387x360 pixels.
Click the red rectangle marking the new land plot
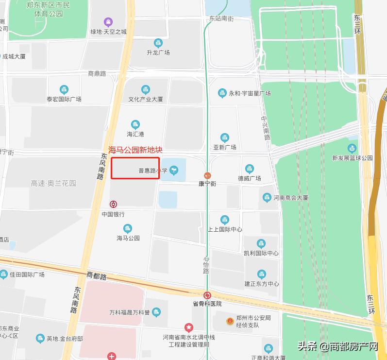point(135,168)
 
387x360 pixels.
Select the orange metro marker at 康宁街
point(207,175)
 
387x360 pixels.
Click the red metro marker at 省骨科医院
point(207,295)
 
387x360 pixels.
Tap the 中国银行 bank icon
point(113,205)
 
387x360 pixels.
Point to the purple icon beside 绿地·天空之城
point(108,22)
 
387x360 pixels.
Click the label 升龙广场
point(158,52)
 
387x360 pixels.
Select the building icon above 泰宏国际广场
point(64,89)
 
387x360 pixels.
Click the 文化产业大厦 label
point(145,99)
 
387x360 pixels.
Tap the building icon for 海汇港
point(135,125)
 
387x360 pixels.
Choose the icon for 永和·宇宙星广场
point(222,93)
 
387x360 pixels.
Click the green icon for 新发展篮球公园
point(352,148)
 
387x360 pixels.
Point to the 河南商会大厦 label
point(290,198)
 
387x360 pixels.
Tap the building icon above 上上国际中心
point(224,220)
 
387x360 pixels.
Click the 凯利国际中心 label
point(261,253)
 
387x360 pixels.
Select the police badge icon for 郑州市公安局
point(230,321)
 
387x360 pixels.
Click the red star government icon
point(188,327)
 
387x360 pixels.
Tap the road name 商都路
point(96,275)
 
